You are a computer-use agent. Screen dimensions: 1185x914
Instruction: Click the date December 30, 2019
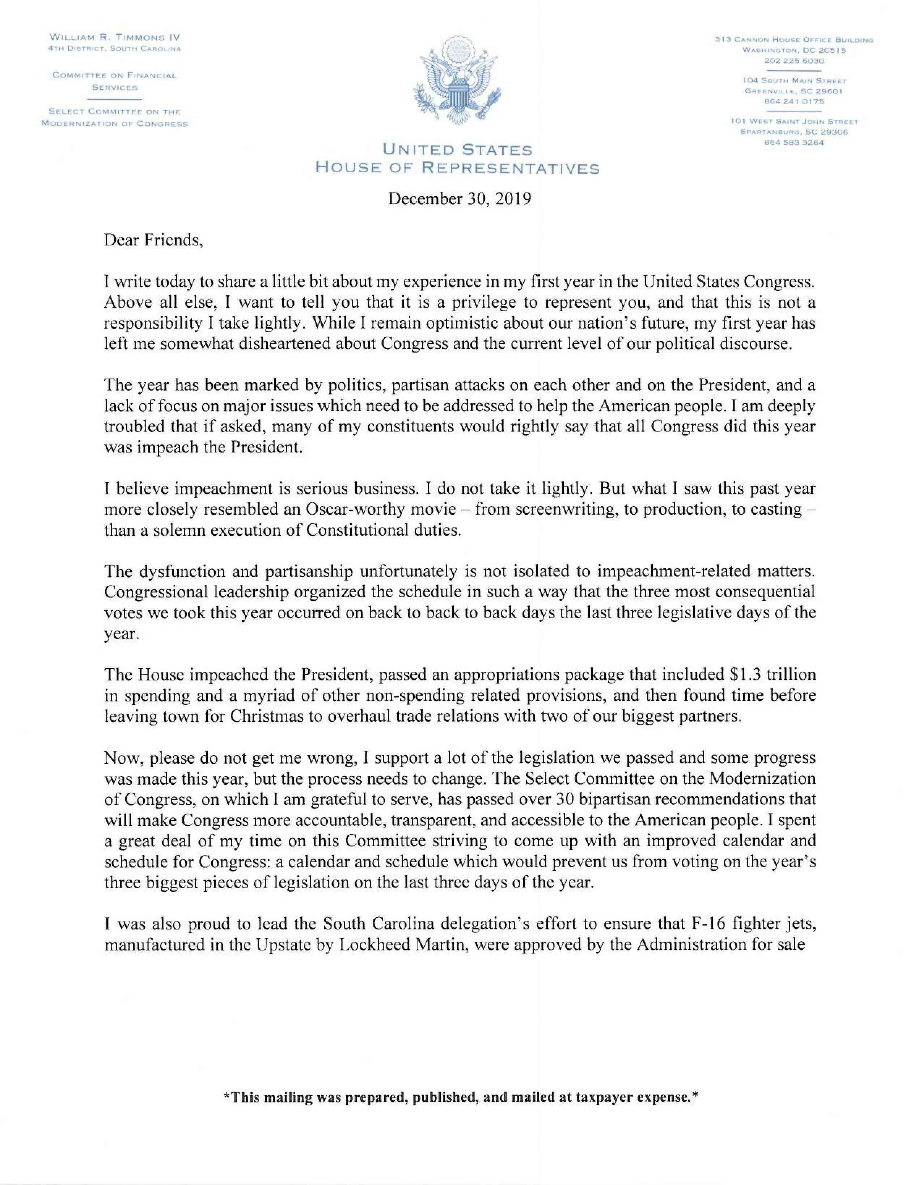(x=459, y=199)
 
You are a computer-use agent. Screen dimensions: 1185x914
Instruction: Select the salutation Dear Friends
(x=153, y=240)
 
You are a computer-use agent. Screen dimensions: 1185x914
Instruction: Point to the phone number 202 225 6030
(x=794, y=61)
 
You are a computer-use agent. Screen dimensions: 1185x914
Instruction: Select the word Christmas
(x=274, y=716)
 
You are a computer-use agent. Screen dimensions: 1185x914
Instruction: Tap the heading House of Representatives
(x=457, y=168)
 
